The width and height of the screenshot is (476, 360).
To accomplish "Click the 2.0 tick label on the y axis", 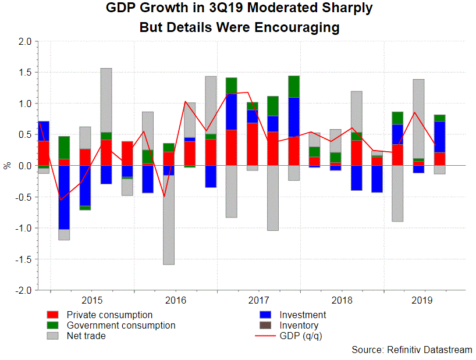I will (x=24, y=42).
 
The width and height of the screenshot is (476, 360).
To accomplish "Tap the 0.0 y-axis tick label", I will (x=24, y=166).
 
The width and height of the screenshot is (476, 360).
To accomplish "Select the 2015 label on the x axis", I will (x=93, y=301).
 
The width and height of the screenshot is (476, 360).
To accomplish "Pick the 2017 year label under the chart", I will (x=259, y=301).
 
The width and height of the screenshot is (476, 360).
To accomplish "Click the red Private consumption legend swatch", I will (x=53, y=315).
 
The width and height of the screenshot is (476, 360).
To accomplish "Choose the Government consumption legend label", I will (x=121, y=326).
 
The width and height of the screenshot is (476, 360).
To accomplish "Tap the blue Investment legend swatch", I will (x=266, y=315).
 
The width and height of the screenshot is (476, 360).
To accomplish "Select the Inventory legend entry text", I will (x=299, y=326).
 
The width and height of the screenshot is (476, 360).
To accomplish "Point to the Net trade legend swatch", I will (x=53, y=336).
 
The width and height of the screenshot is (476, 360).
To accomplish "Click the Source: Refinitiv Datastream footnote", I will (x=411, y=350).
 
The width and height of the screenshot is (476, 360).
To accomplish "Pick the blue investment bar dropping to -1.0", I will (x=64, y=197).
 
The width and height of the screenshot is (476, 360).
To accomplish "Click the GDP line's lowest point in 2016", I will (x=164, y=197).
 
